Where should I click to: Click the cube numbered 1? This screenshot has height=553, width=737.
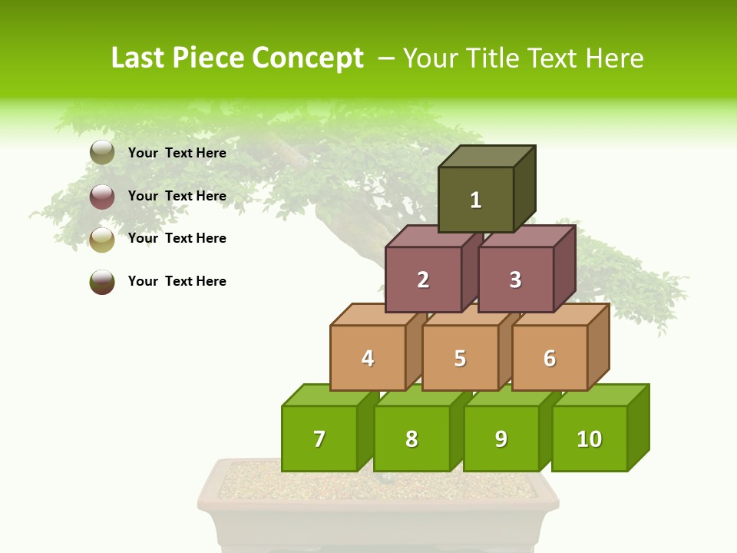point(476,200)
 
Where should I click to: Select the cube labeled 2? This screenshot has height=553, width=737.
point(423,280)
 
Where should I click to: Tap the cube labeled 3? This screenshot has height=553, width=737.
point(515,280)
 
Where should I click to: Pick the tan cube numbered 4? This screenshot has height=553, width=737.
point(368,358)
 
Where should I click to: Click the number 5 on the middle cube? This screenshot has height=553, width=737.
point(460,358)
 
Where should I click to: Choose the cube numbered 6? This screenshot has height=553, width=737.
point(550,358)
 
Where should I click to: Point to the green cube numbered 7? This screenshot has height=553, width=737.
point(319,439)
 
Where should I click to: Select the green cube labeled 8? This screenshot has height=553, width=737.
point(411,439)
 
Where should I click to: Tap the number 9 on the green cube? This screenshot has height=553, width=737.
point(501,439)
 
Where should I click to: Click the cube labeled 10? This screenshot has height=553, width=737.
point(589,439)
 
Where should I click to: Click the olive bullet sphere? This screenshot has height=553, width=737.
point(102,153)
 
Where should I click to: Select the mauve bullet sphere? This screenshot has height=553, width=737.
point(102,197)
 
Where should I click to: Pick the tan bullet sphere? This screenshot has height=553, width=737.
point(102,240)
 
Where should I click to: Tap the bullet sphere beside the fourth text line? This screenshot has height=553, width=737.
point(102,282)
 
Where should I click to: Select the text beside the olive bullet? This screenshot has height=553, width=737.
point(177,153)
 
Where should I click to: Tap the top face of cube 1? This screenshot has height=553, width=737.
point(487,156)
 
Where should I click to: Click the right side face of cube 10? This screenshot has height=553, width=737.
point(639,427)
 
